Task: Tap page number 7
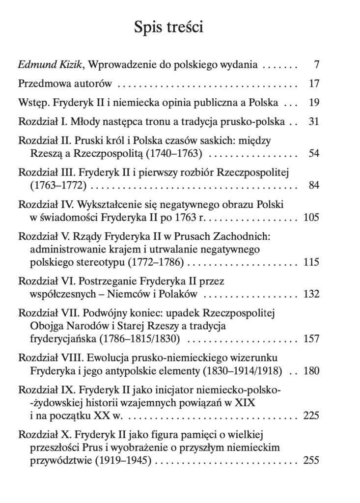tap(316, 64)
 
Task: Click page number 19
tap(314, 103)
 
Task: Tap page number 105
tap(311, 218)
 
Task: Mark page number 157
tap(311, 339)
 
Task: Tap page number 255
tap(311, 460)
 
